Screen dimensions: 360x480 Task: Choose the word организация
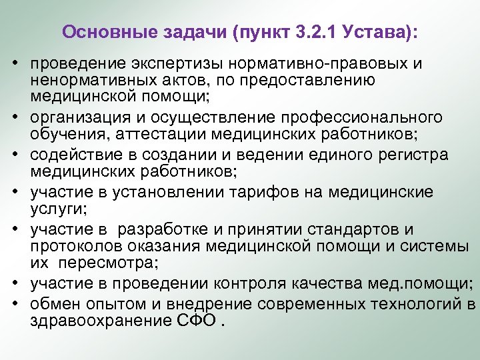tap(76, 118)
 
